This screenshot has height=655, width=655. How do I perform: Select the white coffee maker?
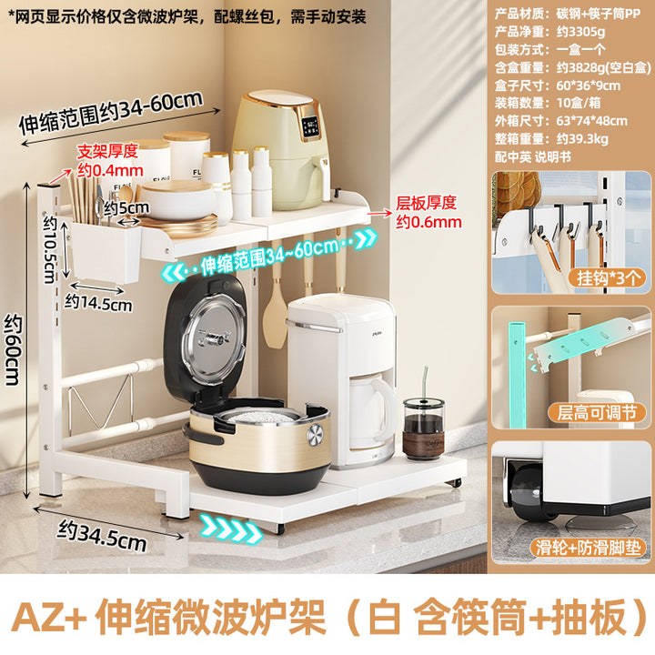tap(343, 379)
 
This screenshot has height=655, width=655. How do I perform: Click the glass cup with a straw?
tap(423, 426)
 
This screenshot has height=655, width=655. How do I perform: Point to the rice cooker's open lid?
tap(206, 338)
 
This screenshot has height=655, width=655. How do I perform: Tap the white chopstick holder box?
tap(105, 252)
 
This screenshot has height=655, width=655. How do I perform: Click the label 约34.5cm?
tap(102, 536)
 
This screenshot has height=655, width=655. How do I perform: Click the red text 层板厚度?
tap(426, 203)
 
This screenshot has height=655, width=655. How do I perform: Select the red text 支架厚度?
tap(107, 151)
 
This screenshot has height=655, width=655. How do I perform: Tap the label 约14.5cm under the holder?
tap(98, 302)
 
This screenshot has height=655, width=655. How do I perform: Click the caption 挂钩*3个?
tap(609, 277)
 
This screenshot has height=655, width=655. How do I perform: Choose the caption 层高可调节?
tap(597, 413)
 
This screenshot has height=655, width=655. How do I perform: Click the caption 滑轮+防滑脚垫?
tap(589, 548)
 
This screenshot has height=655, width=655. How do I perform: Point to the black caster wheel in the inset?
tap(531, 493)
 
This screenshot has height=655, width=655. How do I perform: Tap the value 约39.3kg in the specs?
tap(582, 138)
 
